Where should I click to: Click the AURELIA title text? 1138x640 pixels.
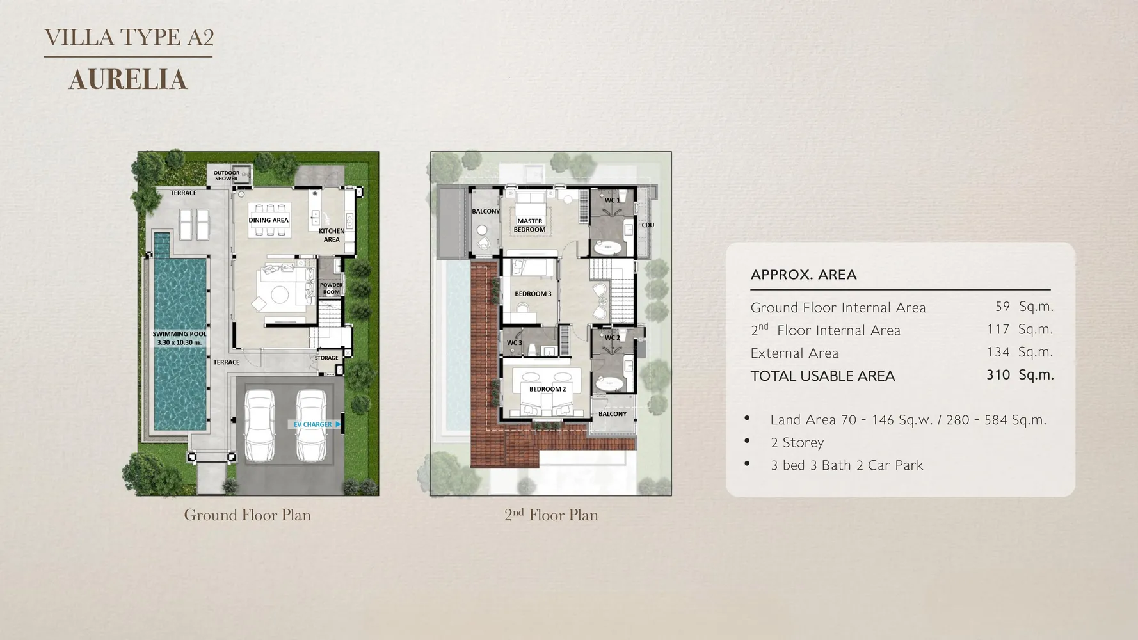tap(128, 80)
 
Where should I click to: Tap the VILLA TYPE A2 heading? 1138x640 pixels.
tap(129, 37)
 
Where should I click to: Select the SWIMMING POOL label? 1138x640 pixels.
tap(179, 338)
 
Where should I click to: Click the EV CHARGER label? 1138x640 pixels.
tap(313, 424)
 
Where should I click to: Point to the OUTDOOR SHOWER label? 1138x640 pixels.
tap(227, 175)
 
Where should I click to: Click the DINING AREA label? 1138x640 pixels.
tap(269, 220)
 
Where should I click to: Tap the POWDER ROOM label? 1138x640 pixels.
tap(331, 289)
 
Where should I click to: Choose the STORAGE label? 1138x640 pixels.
tap(326, 358)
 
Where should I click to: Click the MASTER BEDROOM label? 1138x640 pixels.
tap(530, 225)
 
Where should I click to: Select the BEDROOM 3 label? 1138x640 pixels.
tap(533, 294)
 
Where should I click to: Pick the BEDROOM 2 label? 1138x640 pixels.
tap(547, 389)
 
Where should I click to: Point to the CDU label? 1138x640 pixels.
tap(648, 225)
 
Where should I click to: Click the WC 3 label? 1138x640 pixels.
tap(515, 343)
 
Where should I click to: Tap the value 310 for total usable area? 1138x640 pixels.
tap(998, 374)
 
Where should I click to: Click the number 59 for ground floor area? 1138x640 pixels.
tap(1002, 307)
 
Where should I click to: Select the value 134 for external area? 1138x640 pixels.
tap(998, 352)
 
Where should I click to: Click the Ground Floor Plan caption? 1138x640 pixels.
tap(247, 515)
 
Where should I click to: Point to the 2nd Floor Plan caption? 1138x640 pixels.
tap(551, 515)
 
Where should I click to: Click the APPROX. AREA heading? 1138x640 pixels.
tap(803, 275)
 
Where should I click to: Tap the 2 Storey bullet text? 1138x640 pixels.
tap(797, 443)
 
